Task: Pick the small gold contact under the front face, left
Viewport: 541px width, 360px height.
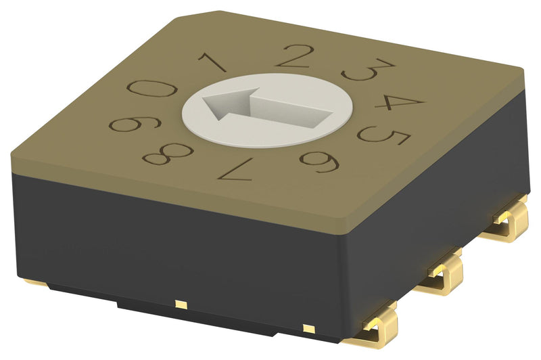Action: [x=179, y=303]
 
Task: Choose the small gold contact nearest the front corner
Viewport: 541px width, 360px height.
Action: [x=308, y=329]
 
